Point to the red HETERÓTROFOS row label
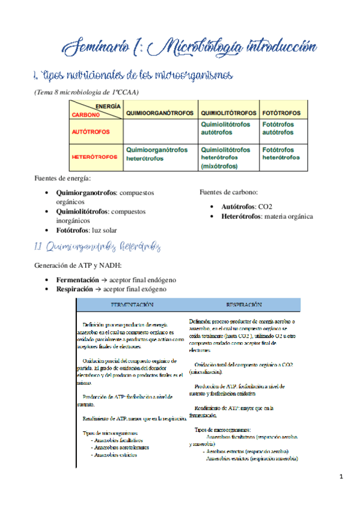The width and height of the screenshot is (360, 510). (94, 156)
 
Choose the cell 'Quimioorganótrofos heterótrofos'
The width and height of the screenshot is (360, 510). (157, 153)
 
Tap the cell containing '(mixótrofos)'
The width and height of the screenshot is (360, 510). (219, 166)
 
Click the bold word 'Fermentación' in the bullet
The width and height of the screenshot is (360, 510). (78, 280)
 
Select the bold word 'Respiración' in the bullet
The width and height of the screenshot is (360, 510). (76, 289)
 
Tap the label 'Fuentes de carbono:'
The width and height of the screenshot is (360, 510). (228, 192)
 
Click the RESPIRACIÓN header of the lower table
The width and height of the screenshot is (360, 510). (243, 305)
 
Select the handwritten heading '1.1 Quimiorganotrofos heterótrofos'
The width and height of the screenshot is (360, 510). (96, 247)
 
